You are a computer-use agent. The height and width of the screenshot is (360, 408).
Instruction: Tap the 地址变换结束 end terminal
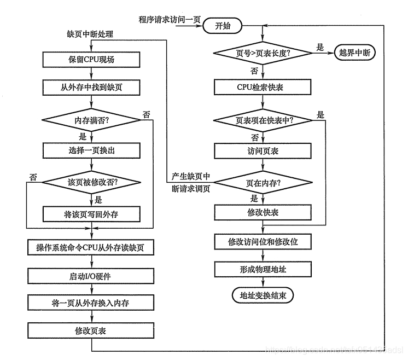pos(263,295)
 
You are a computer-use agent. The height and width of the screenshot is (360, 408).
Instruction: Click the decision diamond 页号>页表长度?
pos(263,53)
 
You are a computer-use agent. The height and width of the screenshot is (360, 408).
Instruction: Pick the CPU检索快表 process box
pos(263,87)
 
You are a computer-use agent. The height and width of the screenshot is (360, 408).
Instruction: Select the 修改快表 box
pos(263,211)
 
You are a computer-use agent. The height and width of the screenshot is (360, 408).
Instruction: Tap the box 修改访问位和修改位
pos(263,241)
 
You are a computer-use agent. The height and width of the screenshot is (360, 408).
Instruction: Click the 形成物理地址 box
pos(263,269)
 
